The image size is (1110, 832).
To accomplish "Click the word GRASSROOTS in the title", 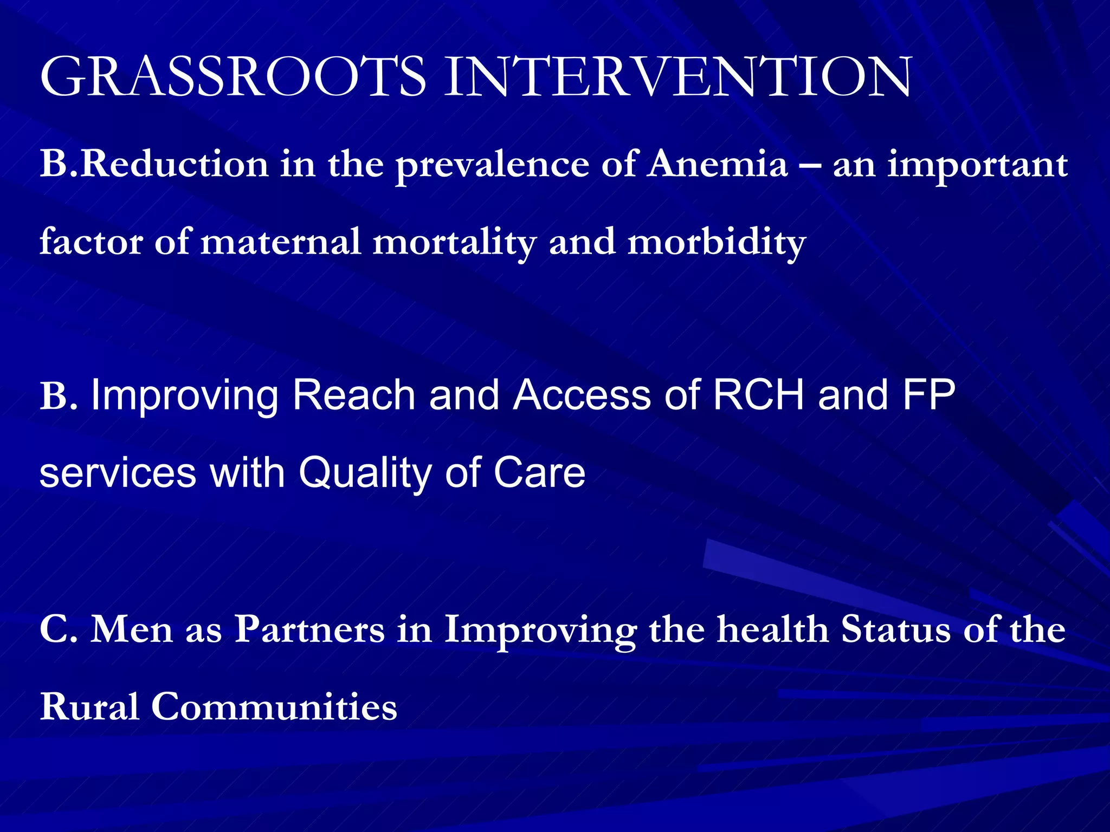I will (233, 77).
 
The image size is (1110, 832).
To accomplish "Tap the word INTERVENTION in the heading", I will (678, 77).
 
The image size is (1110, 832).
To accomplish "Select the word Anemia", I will (718, 164).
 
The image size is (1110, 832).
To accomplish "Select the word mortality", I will (454, 243).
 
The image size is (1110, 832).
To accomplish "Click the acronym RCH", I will (758, 395).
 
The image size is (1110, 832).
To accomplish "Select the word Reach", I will (353, 395).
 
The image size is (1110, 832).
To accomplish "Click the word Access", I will (582, 395).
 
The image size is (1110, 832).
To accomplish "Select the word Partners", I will (309, 629).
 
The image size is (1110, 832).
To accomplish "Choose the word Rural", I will (89, 707).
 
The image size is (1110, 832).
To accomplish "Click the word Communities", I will (274, 707).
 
